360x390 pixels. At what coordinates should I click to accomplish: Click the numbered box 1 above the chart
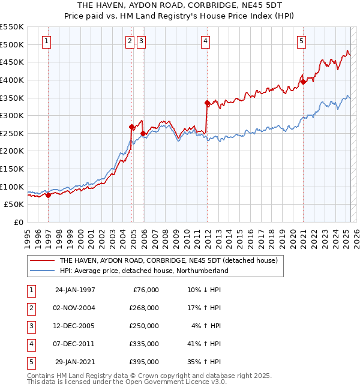47,41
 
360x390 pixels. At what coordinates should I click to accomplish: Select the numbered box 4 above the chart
205,41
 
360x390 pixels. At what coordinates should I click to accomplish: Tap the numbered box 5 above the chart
301,41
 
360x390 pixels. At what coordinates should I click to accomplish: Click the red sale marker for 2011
207,103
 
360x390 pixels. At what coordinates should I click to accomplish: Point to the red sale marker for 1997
48,195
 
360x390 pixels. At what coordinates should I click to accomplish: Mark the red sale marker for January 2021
304,82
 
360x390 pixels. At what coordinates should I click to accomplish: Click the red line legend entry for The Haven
167,261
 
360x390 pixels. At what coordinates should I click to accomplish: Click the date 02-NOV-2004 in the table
75,308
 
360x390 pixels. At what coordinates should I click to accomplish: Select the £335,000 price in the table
145,344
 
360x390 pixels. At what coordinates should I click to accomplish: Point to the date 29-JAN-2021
75,362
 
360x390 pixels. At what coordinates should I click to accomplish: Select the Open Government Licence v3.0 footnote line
127,382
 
